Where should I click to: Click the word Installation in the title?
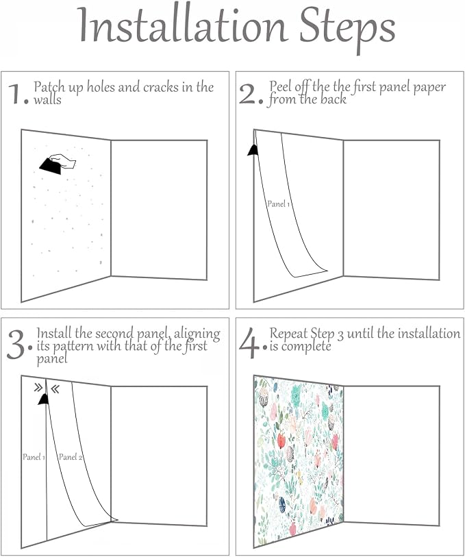coord(183,25)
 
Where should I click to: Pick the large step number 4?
coord(249,343)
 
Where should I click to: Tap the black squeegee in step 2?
coord(253,150)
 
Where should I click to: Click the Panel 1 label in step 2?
coord(279,204)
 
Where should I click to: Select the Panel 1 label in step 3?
coord(34,457)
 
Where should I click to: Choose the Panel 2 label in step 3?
coord(71,457)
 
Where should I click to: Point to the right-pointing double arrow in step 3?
coord(38,388)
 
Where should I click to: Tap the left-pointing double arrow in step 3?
coord(55,389)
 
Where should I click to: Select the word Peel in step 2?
coord(278,86)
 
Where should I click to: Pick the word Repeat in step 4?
coord(288,334)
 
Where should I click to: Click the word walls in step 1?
coord(47,100)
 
